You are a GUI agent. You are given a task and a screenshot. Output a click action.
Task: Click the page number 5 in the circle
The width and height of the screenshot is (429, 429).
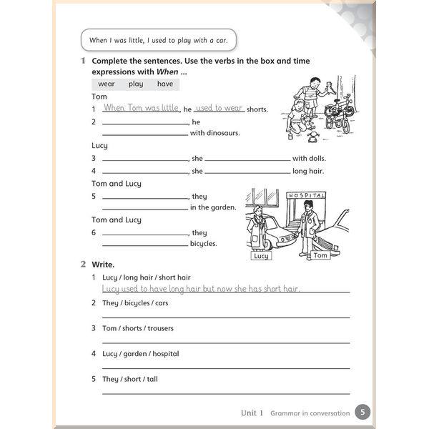click(x=363, y=412)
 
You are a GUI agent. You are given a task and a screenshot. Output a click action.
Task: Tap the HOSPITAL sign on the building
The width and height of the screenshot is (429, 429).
click(x=305, y=195)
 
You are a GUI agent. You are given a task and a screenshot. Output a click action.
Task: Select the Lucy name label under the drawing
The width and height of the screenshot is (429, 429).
click(x=261, y=255)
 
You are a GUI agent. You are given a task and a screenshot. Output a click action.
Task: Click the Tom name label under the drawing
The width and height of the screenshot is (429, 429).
click(x=320, y=255)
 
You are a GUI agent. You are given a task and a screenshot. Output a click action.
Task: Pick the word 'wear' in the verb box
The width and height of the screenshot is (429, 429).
click(x=106, y=84)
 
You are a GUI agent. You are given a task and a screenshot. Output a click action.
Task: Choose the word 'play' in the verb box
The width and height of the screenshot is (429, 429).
click(x=136, y=84)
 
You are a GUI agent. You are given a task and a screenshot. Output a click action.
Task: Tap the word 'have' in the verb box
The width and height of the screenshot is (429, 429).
click(x=165, y=84)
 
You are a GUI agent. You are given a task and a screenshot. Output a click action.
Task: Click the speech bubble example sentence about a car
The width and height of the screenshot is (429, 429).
click(x=159, y=40)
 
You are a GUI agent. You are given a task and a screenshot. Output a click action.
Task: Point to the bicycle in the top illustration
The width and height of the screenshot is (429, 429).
click(x=338, y=112)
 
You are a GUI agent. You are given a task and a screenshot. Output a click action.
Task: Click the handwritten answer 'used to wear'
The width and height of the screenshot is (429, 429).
click(x=219, y=108)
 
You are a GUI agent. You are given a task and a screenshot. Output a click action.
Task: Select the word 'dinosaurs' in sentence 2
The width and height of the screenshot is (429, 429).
click(x=223, y=133)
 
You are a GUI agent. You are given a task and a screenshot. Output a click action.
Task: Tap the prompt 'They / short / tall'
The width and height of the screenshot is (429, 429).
click(x=129, y=379)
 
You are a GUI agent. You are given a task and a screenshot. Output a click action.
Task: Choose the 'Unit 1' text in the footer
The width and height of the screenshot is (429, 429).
click(x=252, y=413)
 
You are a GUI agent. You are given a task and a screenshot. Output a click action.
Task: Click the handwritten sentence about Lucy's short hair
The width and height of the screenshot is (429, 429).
click(x=201, y=289)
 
